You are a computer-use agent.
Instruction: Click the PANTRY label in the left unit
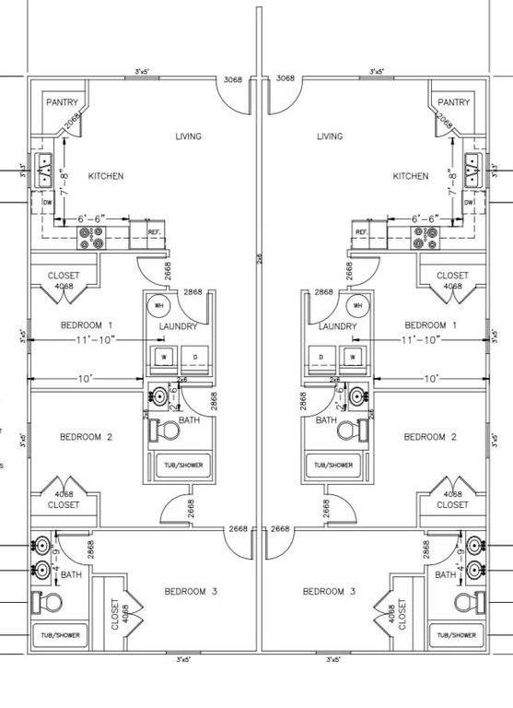(x=62, y=102)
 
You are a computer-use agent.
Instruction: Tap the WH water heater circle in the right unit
(x=357, y=305)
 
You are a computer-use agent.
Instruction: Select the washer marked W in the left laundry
(x=165, y=356)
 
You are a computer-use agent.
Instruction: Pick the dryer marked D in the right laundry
(x=321, y=356)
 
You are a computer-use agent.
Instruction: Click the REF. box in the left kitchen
(x=155, y=232)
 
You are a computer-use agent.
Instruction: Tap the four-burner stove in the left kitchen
(x=93, y=238)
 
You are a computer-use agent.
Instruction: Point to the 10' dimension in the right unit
(x=429, y=379)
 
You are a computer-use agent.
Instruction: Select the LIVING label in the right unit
(x=329, y=136)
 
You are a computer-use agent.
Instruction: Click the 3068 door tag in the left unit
(x=233, y=79)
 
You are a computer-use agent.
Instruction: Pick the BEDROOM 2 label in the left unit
(x=86, y=437)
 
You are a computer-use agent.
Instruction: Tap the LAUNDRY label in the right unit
(x=337, y=326)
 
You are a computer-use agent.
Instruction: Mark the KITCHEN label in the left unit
(x=105, y=176)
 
